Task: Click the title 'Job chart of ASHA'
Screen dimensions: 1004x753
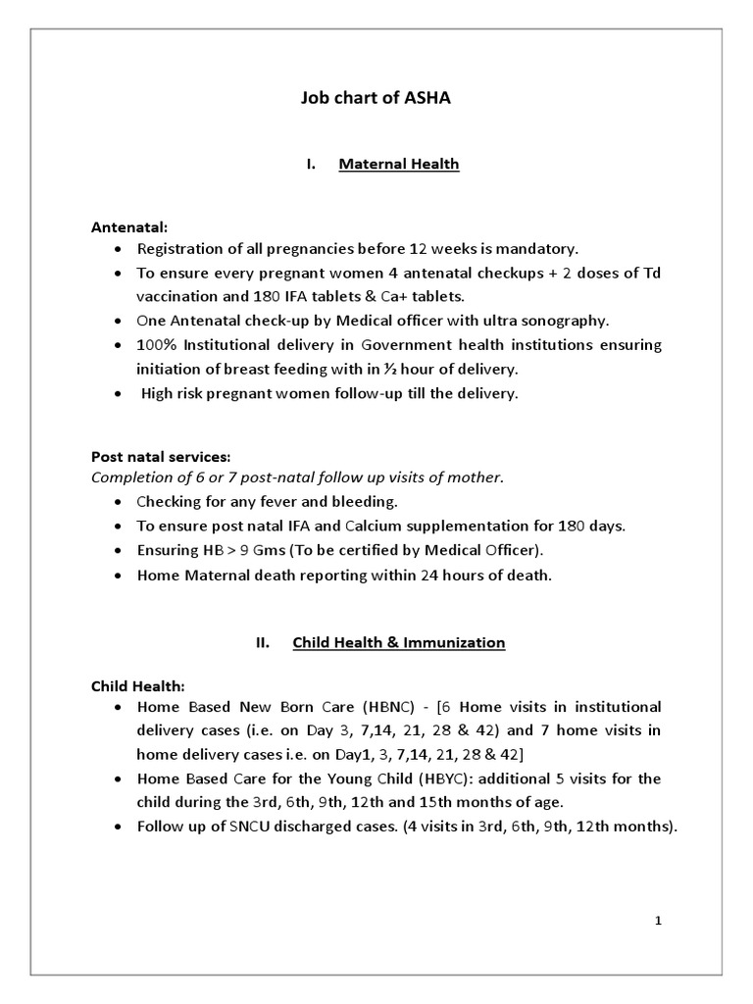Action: pyautogui.click(x=376, y=98)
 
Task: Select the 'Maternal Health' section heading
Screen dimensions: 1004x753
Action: pyautogui.click(x=398, y=165)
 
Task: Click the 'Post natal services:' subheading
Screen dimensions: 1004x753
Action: pyautogui.click(x=160, y=456)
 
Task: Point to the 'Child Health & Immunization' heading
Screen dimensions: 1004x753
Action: pyautogui.click(x=398, y=643)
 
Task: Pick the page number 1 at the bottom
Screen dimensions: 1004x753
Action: pyautogui.click(x=659, y=921)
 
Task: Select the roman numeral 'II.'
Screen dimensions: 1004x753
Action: pyautogui.click(x=262, y=643)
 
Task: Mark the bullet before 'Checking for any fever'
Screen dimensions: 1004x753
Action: pyautogui.click(x=119, y=502)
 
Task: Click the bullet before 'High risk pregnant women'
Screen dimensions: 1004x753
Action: pyautogui.click(x=119, y=393)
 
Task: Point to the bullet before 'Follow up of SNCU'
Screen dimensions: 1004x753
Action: pyautogui.click(x=119, y=827)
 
